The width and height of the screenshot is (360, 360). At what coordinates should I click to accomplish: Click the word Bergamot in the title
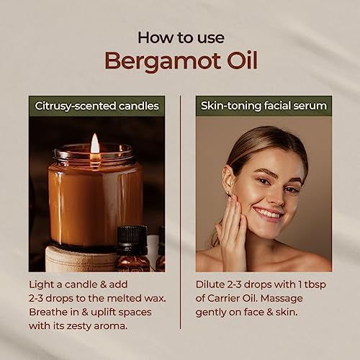click(x=163, y=61)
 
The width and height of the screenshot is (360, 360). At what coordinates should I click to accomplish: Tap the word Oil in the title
click(x=243, y=60)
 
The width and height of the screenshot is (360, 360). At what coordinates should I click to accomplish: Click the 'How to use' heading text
click(x=181, y=38)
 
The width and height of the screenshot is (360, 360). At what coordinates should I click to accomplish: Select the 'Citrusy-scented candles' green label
click(x=96, y=106)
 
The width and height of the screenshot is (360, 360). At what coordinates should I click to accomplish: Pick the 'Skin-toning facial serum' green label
click(x=264, y=106)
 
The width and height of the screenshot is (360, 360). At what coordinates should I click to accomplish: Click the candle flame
click(x=95, y=143)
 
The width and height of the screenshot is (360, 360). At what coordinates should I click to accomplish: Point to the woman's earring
click(x=228, y=192)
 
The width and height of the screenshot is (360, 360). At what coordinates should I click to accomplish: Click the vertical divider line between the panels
click(x=180, y=212)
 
